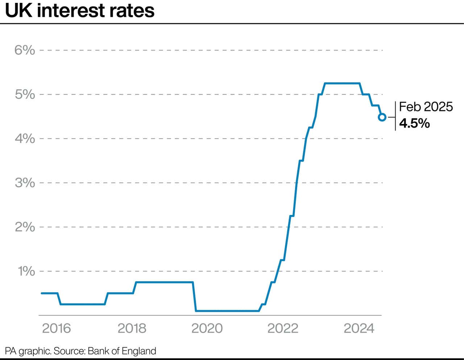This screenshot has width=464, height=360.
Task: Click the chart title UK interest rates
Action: pos(80,11)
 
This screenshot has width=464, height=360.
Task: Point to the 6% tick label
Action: pos(25,50)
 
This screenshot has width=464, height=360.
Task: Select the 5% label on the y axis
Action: pos(25,94)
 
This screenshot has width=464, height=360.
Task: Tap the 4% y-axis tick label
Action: pos(25,138)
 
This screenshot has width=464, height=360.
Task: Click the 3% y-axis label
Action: pos(25,183)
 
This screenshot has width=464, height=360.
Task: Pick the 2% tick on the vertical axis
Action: pos(25,227)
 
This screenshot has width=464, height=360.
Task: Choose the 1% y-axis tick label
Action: pos(26,271)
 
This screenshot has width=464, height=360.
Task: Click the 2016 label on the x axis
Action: pos(56,328)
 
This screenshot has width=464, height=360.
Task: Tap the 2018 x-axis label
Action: pos(132,328)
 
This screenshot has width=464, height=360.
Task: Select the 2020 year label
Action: pos(207,328)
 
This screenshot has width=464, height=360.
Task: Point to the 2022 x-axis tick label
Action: pos(283,328)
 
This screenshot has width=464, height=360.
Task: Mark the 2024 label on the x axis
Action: pos(359,328)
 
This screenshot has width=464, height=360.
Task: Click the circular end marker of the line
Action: pos(382,117)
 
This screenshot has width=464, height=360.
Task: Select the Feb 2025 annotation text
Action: pos(426,107)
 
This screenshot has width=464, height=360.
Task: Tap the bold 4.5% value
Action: pos(414,123)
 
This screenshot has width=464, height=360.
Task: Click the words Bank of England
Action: pos(122,351)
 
